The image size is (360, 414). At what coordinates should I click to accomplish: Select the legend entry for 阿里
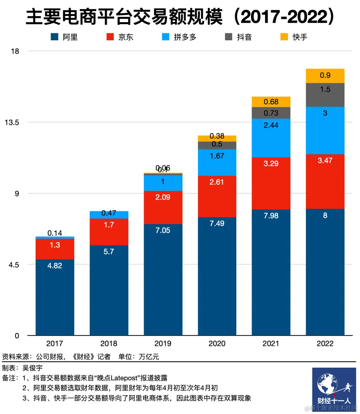click(64, 37)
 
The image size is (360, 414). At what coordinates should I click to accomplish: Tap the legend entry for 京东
click(120, 37)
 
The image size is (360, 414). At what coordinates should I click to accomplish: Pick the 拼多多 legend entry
click(179, 37)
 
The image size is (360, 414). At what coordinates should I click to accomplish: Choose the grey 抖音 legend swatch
click(229, 37)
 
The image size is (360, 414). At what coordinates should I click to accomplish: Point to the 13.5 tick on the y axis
click(12, 122)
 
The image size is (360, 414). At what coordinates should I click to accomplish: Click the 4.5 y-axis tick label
click(14, 265)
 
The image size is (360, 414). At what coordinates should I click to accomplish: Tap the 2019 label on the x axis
click(163, 343)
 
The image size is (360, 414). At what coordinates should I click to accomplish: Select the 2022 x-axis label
click(325, 343)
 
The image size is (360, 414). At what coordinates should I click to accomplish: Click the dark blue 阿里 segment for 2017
click(55, 297)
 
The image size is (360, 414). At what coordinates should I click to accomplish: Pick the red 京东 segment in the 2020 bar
click(217, 197)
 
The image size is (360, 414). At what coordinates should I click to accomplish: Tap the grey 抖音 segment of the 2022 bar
click(325, 95)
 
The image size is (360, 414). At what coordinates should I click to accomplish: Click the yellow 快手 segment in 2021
click(271, 102)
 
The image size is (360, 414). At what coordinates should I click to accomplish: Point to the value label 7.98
click(271, 216)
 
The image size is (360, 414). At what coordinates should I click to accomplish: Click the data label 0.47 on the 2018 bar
click(109, 213)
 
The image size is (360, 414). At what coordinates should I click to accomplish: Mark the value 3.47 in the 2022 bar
click(325, 160)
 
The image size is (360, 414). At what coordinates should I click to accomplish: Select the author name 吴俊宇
click(32, 368)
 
